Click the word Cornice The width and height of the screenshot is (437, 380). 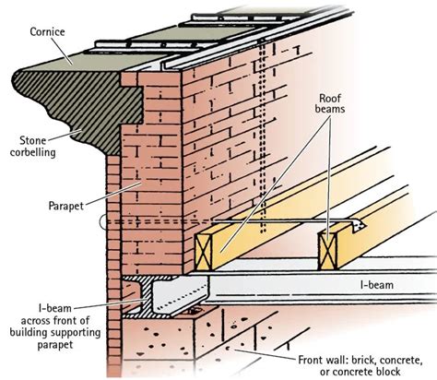[x=48, y=30]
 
